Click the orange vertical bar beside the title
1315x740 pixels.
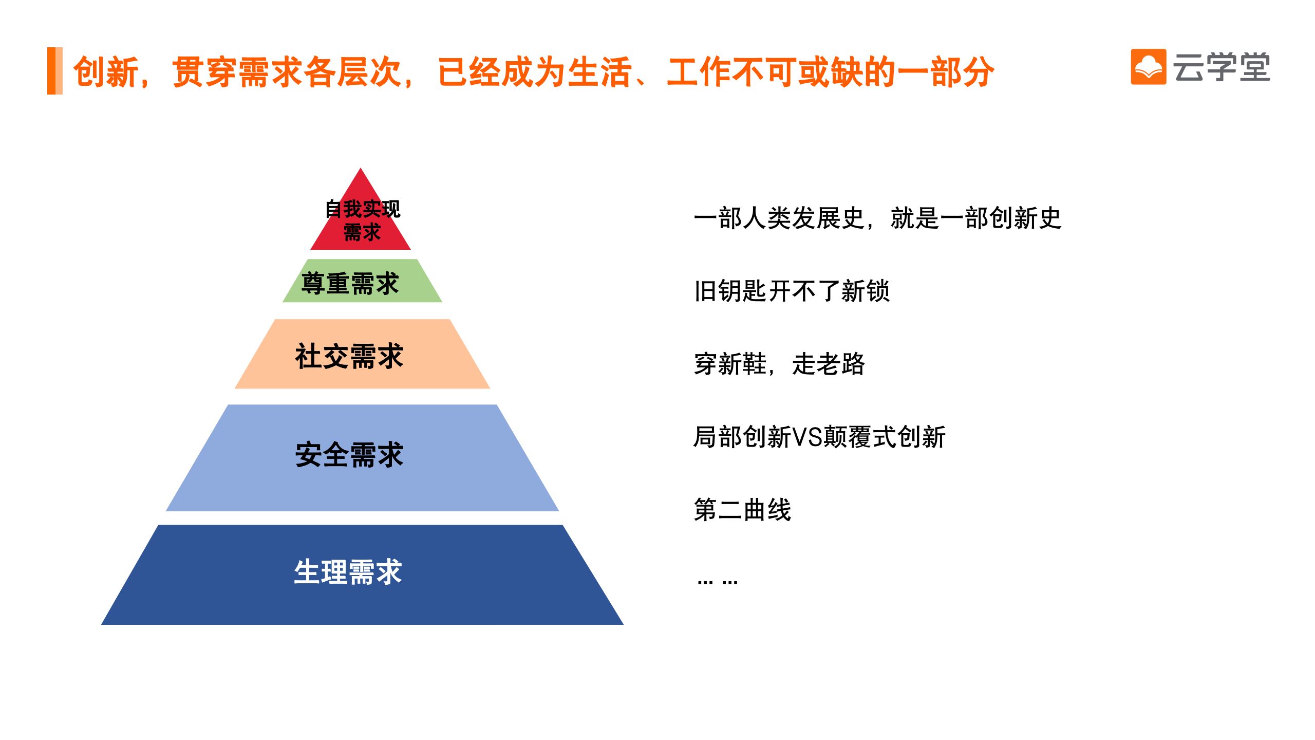[55, 71]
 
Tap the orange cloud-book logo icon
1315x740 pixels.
[1148, 67]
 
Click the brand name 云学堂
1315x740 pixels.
[1222, 67]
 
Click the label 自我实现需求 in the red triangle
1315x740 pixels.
[362, 220]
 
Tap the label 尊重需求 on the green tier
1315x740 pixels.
[350, 284]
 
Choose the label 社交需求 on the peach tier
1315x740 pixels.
[349, 356]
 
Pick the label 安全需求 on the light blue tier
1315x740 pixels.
[349, 454]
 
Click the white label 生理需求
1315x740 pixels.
[348, 571]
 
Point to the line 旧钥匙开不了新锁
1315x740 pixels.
[792, 291]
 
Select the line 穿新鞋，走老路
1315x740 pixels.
[779, 364]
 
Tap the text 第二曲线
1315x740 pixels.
[742, 510]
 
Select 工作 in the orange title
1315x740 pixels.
[699, 72]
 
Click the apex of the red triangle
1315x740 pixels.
[361, 168]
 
